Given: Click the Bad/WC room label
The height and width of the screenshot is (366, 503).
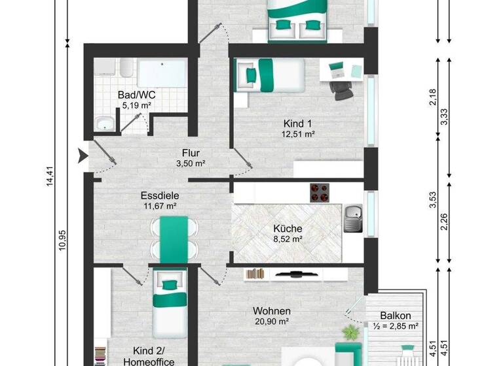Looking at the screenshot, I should (x=136, y=95).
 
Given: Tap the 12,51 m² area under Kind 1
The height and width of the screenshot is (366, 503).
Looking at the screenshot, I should (x=299, y=135).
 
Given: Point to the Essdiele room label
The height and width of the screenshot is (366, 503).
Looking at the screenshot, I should (x=160, y=195).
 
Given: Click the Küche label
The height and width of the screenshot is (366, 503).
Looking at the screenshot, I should (x=288, y=229).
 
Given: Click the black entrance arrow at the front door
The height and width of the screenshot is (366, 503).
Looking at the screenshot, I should (x=83, y=156).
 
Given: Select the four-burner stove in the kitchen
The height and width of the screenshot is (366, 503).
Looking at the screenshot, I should (x=319, y=193).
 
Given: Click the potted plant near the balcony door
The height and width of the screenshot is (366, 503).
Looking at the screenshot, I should (x=352, y=332).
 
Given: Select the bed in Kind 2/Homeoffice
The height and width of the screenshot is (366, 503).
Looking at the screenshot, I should (x=170, y=305).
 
